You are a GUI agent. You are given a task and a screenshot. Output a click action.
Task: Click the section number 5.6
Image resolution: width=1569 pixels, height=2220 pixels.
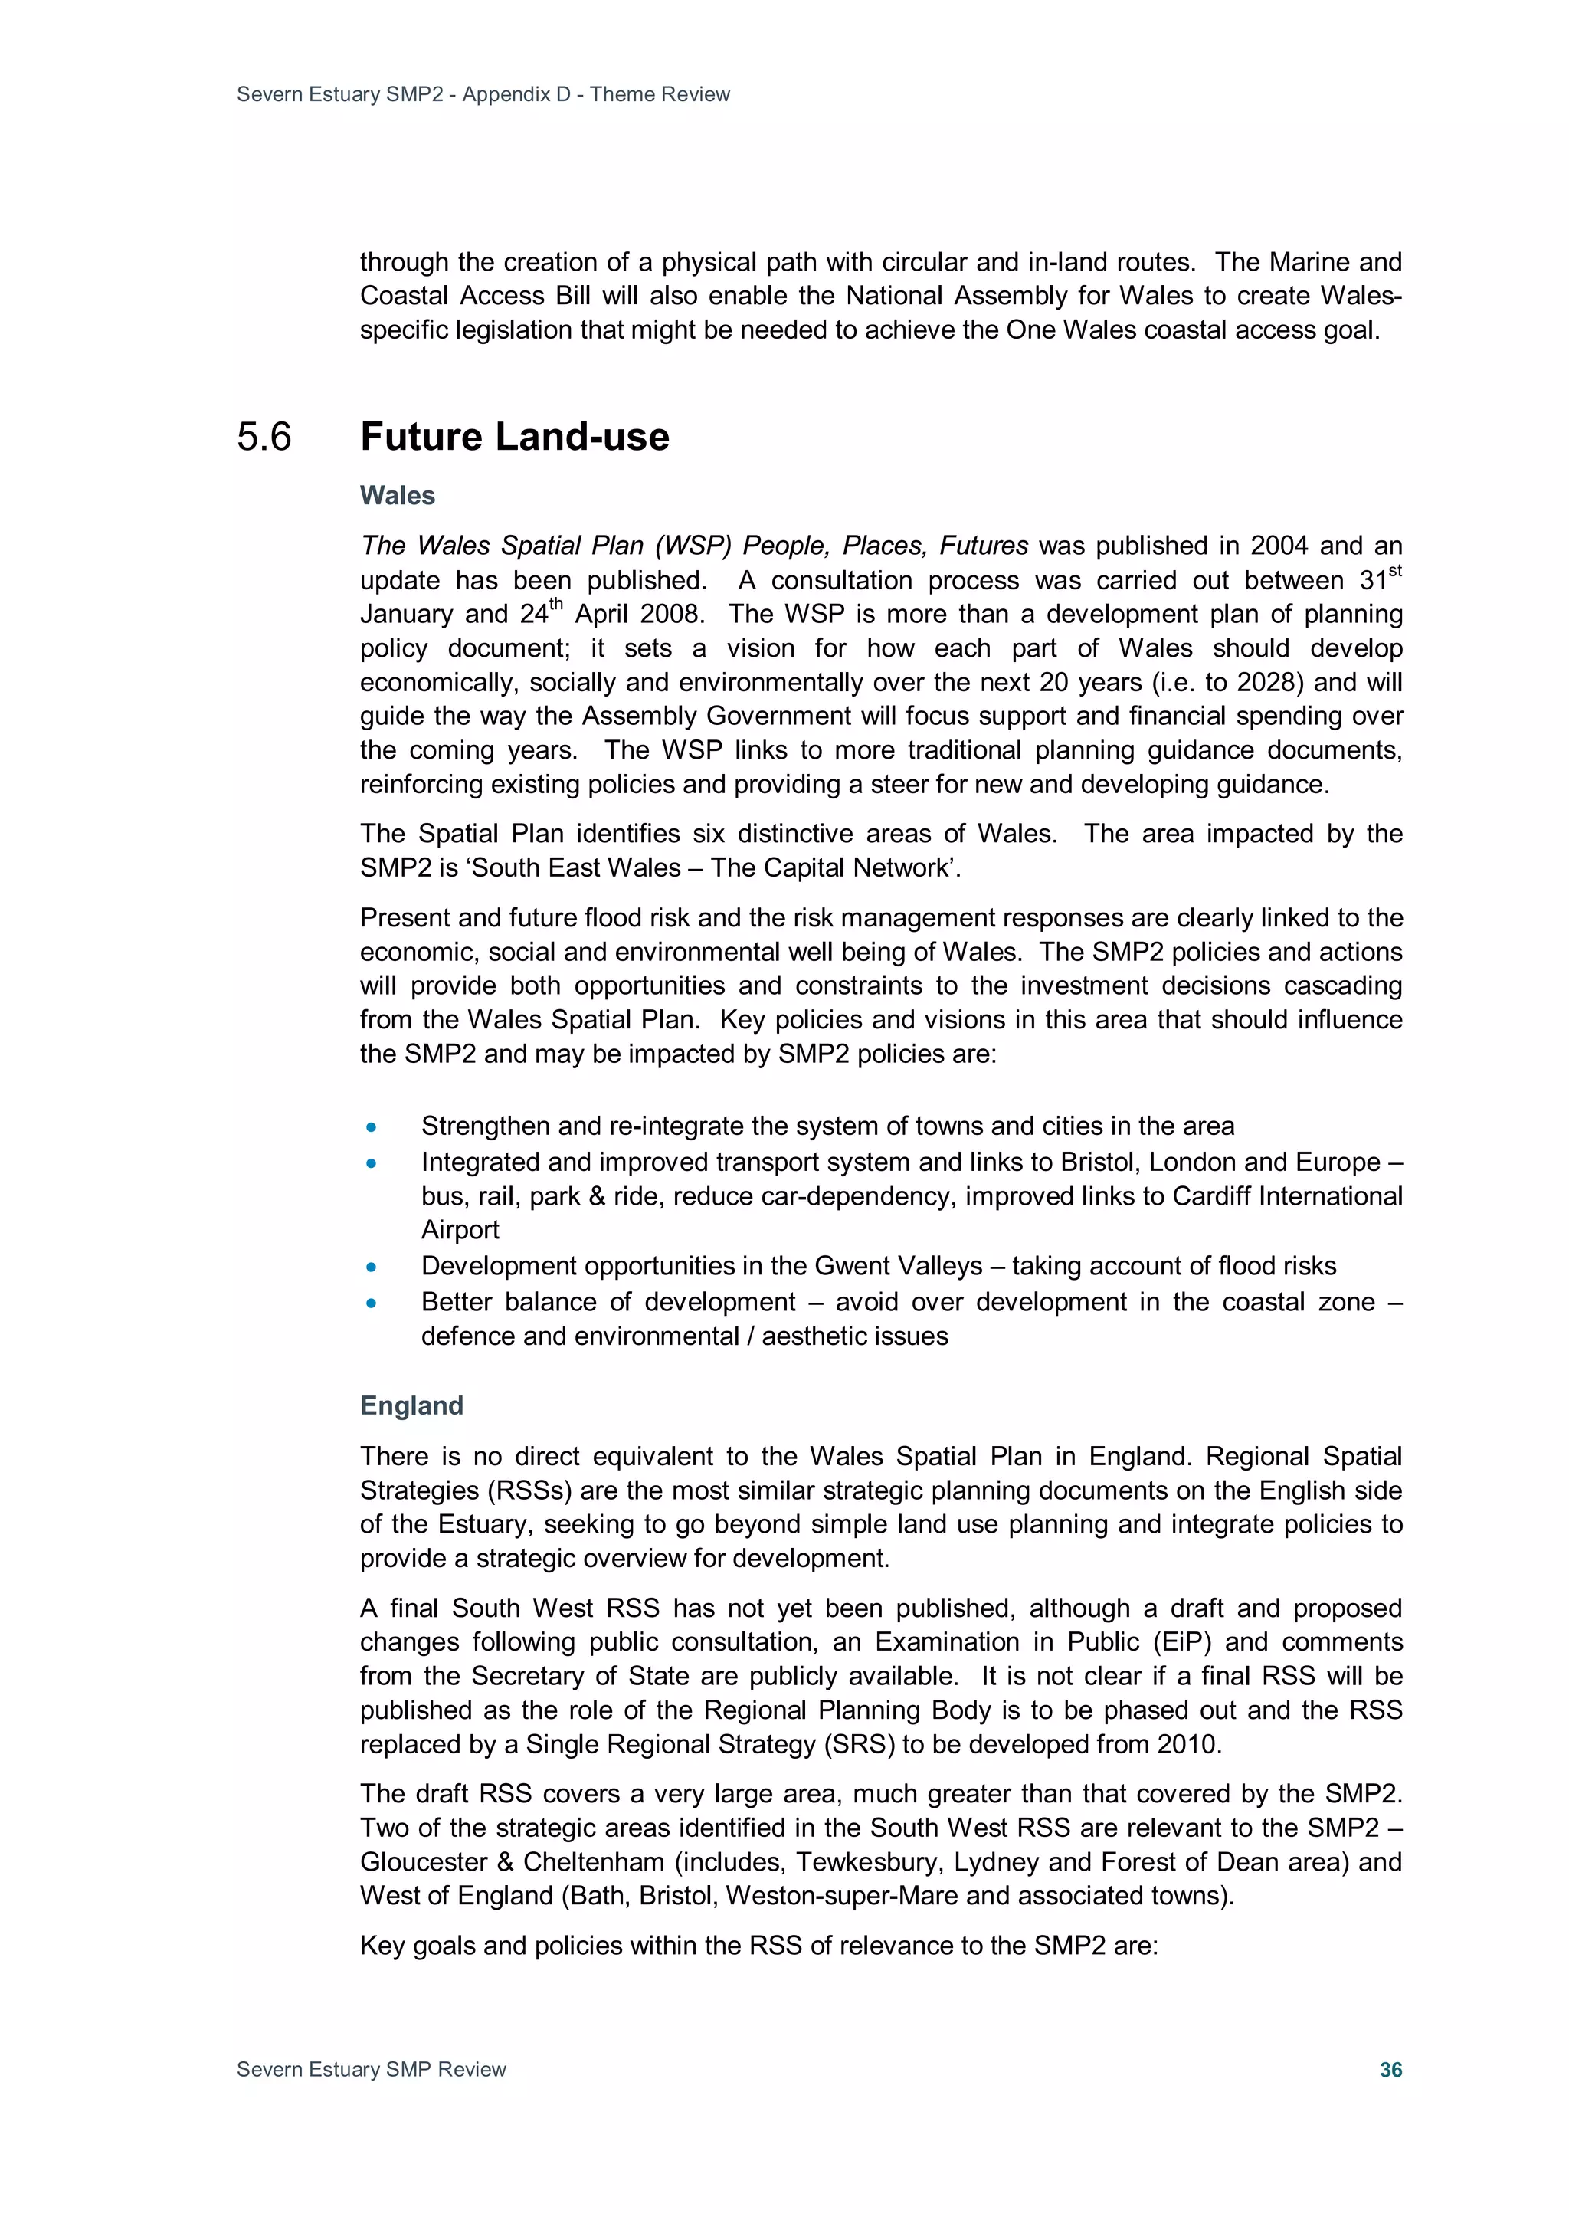click(x=264, y=437)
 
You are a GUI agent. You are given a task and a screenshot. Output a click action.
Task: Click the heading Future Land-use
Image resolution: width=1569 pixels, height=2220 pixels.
click(x=514, y=437)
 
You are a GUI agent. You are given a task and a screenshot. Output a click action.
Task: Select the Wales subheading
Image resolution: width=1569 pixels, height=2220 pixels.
click(x=398, y=496)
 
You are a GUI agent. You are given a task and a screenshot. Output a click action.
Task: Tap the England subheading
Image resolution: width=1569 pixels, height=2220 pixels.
click(x=412, y=1405)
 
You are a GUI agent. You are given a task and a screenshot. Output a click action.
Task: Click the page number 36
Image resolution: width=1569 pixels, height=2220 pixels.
click(x=1390, y=2069)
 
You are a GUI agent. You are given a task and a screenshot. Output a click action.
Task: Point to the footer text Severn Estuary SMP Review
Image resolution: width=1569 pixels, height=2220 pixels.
click(x=372, y=2069)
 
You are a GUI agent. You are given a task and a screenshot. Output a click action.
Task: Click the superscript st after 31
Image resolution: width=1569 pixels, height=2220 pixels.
click(x=1395, y=572)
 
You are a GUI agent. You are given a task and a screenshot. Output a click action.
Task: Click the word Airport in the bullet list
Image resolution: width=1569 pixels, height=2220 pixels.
click(x=460, y=1230)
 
